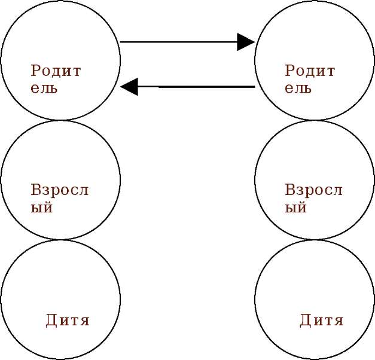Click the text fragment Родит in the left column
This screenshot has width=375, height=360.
click(x=56, y=71)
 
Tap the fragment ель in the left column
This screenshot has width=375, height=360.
click(x=44, y=89)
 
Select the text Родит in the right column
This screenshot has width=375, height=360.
click(x=310, y=71)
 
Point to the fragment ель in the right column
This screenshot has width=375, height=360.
click(x=298, y=89)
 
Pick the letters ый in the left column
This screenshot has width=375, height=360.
click(x=42, y=208)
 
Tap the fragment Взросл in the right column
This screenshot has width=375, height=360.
click(x=313, y=191)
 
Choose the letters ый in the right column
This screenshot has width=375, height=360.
click(x=296, y=208)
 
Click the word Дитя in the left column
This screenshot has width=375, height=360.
click(x=68, y=321)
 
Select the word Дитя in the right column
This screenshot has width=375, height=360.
click(x=322, y=321)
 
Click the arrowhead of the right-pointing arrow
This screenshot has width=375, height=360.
click(x=246, y=42)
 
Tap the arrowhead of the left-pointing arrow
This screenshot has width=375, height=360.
click(x=129, y=87)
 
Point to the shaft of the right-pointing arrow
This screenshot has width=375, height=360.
click(x=179, y=42)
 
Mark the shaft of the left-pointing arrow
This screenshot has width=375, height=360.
click(x=197, y=87)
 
